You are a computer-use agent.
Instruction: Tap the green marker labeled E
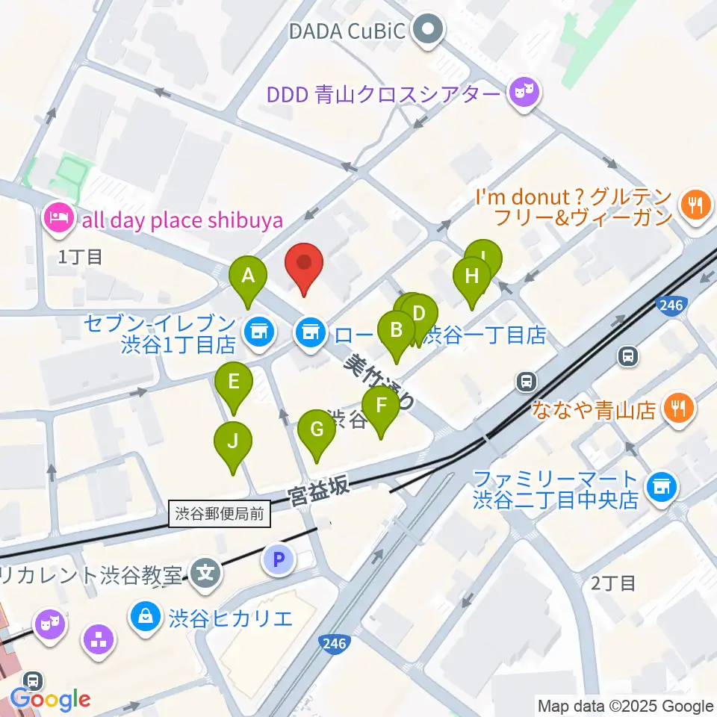pos(234,384)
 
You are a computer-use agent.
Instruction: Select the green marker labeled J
pos(233,443)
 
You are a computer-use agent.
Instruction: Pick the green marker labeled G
pos(317,431)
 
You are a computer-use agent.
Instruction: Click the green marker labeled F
pos(382,407)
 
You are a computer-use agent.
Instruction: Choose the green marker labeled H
pos(471,278)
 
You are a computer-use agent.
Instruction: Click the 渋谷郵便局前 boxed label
pos(220,514)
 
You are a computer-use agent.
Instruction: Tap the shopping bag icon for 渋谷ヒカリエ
pos(146,616)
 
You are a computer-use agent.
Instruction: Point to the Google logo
pos(51,700)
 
